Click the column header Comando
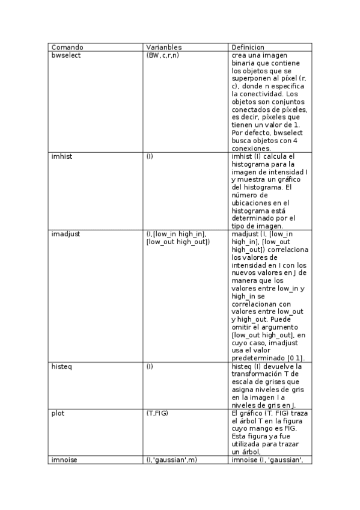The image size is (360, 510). click(67, 47)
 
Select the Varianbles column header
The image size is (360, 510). click(164, 47)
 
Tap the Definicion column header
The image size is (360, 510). click(248, 47)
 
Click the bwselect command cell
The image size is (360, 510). click(66, 55)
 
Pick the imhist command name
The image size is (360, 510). click(62, 156)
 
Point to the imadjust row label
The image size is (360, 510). click(66, 234)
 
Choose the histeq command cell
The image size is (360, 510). click(62, 366)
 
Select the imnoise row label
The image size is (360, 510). click(65, 460)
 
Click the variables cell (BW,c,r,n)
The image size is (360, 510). click(162, 55)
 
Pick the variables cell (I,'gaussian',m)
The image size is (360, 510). click(171, 460)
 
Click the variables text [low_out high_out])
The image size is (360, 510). click(178, 242)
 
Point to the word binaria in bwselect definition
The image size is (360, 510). click(243, 63)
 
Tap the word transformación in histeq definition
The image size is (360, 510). click(259, 374)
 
